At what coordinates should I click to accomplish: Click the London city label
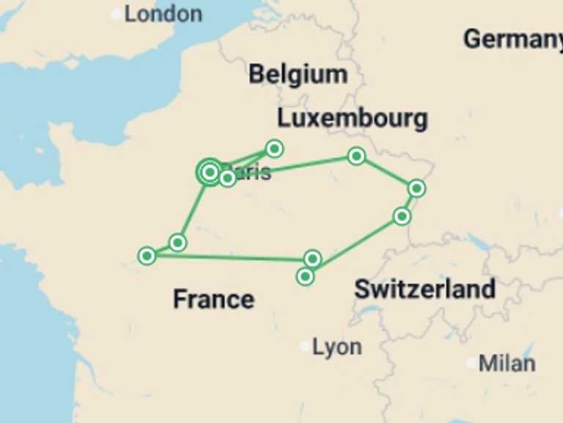coord(163,13)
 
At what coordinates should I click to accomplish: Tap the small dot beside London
coord(117,14)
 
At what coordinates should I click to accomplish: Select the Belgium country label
coord(298,74)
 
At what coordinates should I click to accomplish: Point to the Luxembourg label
coord(352,118)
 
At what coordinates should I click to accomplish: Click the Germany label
coord(513,39)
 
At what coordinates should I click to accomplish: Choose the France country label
coord(213,299)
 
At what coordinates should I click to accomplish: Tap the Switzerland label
coord(424,289)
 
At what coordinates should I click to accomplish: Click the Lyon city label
coord(336,347)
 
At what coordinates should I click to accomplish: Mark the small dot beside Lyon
coord(305,346)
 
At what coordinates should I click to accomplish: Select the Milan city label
coord(507,363)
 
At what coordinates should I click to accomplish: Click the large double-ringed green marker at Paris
coord(210,173)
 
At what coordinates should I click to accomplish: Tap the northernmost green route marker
coord(274,149)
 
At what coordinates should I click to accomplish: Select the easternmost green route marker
coord(416,189)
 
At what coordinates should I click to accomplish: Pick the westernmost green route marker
coord(147,256)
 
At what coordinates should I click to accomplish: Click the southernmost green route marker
coord(305,277)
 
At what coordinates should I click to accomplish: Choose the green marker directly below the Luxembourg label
coord(356,156)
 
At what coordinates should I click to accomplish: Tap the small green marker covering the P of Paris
coord(227,178)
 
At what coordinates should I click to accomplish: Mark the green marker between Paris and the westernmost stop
coord(177,242)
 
